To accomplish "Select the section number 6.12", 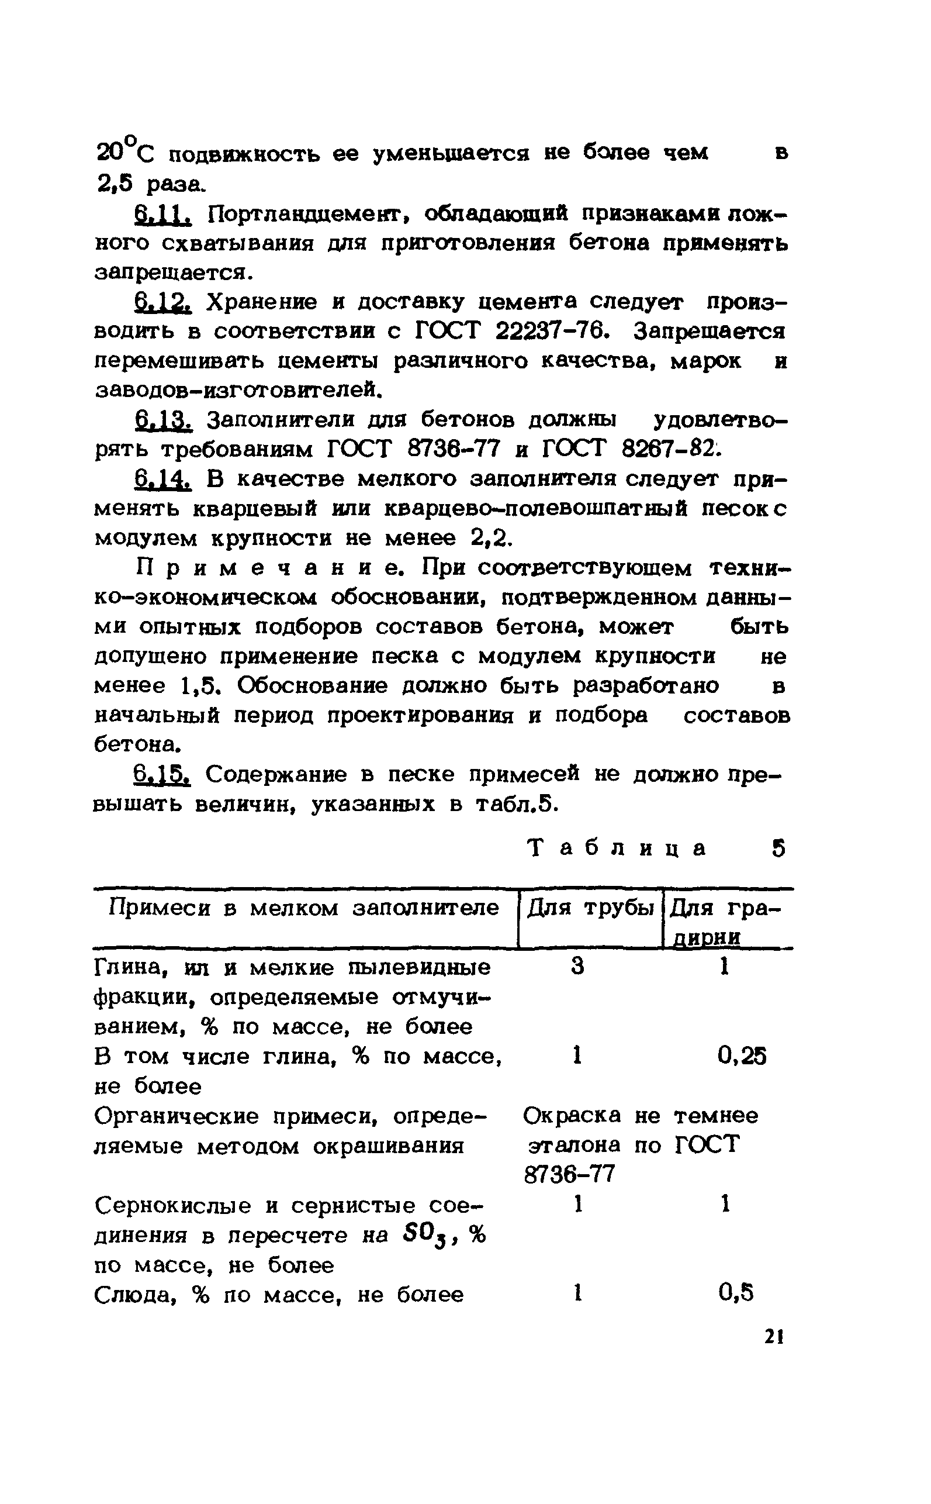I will [162, 302].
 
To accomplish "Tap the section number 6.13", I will [162, 420].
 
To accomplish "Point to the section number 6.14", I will [162, 479].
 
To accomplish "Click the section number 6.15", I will [162, 774].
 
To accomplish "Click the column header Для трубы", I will [590, 908].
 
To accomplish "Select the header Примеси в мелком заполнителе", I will [303, 908].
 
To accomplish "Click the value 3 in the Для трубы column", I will [577, 967].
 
